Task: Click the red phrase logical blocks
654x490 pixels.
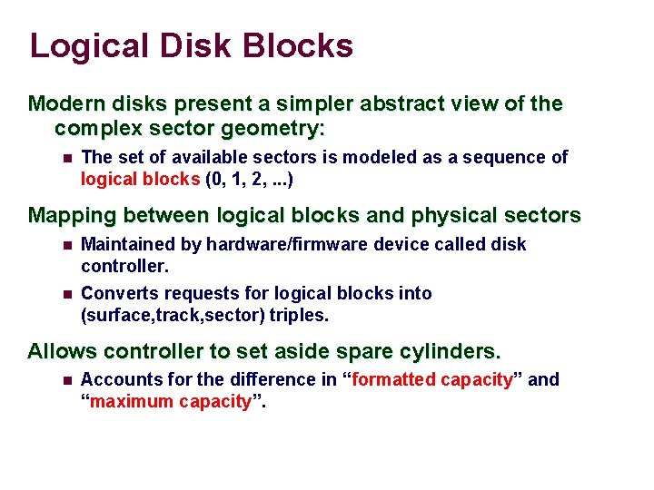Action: [141, 179]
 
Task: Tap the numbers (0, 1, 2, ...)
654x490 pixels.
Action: [250, 179]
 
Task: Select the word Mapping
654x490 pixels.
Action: [72, 216]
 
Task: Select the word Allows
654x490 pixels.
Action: [56, 351]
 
